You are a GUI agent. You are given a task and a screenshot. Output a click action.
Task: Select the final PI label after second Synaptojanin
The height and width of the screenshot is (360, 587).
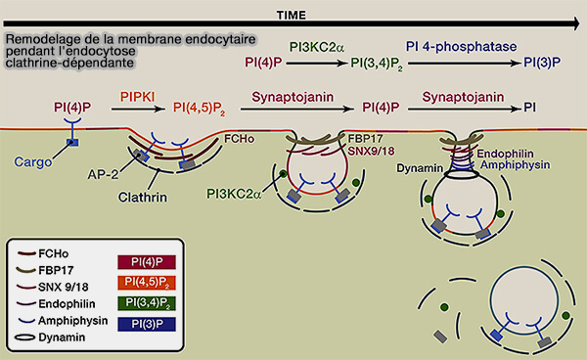click(528, 109)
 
